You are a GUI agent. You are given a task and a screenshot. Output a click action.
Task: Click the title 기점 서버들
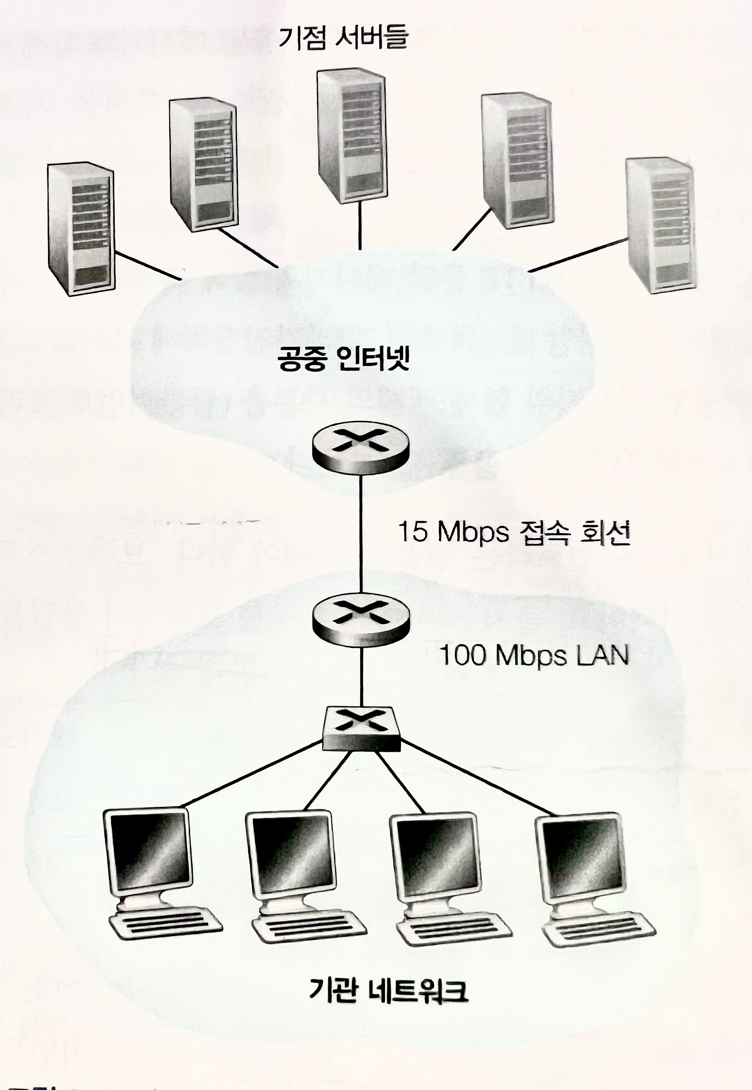pyautogui.click(x=343, y=39)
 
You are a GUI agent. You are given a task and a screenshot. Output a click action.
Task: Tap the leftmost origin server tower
pyautogui.click(x=81, y=229)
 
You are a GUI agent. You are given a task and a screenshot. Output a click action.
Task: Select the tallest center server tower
pyautogui.click(x=351, y=137)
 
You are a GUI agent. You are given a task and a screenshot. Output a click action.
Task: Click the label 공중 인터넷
pyautogui.click(x=343, y=360)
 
